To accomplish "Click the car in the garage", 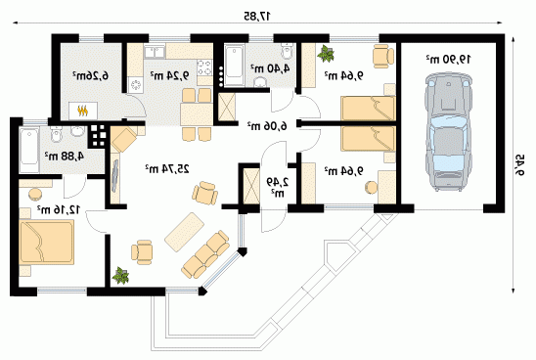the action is coord(449,131).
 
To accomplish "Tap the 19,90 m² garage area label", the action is coord(449,59).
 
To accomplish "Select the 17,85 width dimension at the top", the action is coord(257,16).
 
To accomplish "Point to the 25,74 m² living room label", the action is coord(167,168).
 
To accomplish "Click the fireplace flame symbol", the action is coord(83,111).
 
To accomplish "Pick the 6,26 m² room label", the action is coord(90,75).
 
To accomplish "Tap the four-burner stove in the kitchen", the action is coord(204,67).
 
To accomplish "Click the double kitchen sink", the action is coord(155,52).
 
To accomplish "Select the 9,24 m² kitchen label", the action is coord(169,75).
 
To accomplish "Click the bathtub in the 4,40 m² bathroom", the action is coord(234,67).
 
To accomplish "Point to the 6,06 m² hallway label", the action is coord(267,126).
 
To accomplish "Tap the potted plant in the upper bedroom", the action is coord(326,54).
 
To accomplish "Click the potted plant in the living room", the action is coord(120,276).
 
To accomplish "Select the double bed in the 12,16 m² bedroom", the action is coord(47,242).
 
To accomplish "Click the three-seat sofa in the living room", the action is coord(205,253).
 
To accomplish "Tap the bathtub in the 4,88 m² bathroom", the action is coord(28,151).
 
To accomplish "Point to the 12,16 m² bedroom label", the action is coord(59,209).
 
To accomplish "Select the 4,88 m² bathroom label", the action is coord(65,156).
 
